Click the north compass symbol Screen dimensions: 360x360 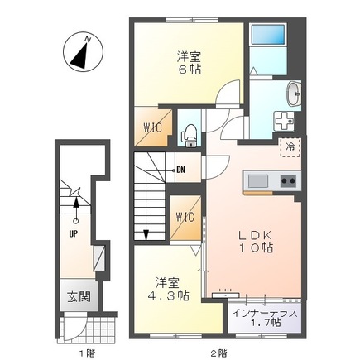tap(83, 52)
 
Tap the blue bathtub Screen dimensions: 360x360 tap(268, 35)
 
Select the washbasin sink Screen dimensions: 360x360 tap(294, 94)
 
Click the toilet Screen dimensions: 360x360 tap(190, 135)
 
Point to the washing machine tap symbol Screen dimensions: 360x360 tap(284, 121)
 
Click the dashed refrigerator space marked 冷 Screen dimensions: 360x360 tap(290, 147)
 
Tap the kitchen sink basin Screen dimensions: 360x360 tap(258, 181)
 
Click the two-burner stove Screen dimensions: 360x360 tap(289, 181)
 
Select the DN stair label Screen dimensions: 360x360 tap(180, 170)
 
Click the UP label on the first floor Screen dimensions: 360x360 tap(74, 234)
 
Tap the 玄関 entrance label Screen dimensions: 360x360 tap(79, 297)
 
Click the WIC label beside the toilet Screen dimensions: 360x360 tap(152, 127)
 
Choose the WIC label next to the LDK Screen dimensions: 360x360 tap(185, 218)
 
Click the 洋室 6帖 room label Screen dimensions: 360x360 tap(189, 63)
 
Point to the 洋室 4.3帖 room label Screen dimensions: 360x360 tap(167, 289)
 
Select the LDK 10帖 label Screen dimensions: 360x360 tap(256, 242)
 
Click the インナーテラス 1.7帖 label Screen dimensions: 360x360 tap(265, 318)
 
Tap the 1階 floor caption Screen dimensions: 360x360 tap(87, 353)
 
